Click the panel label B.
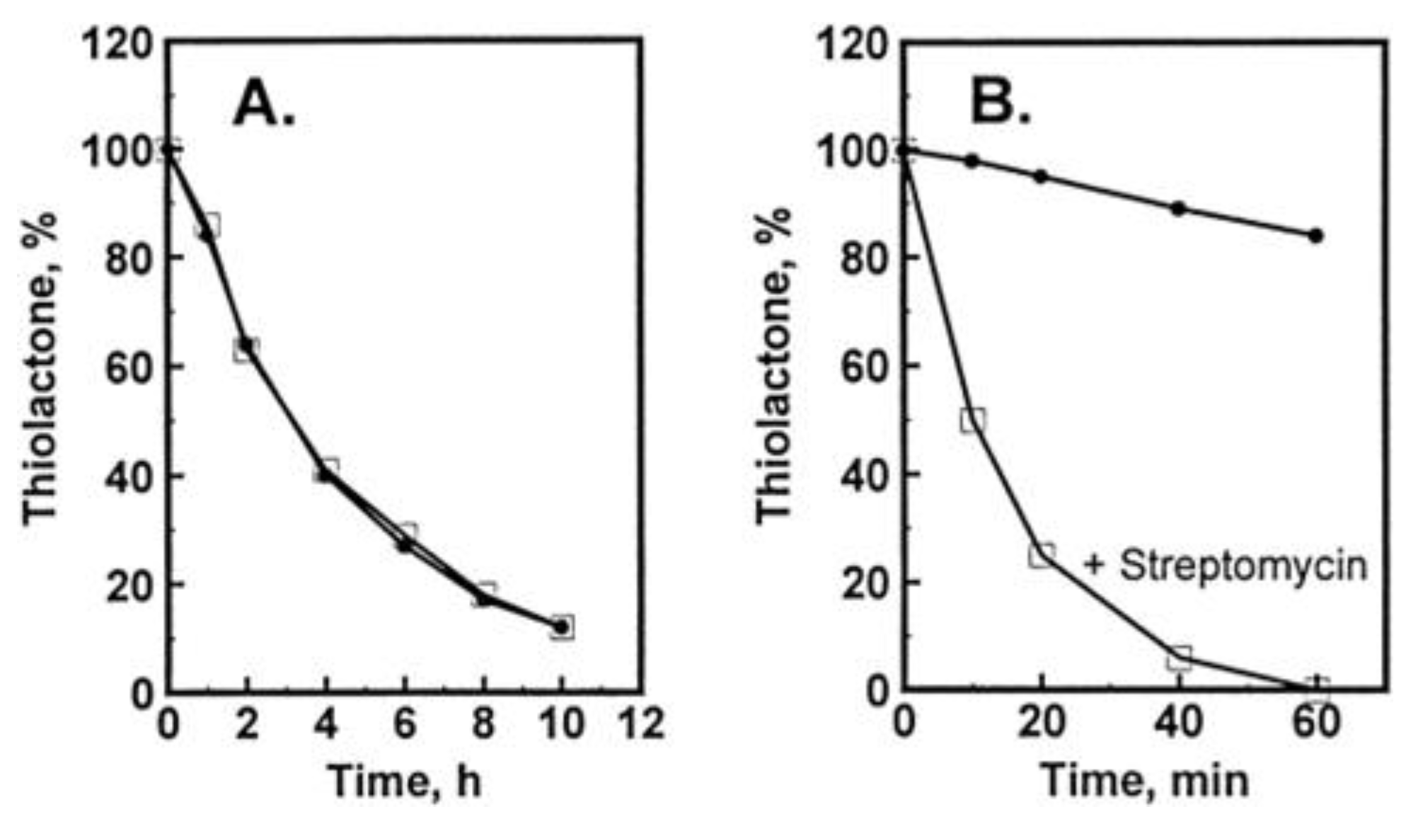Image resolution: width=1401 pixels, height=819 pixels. pyautogui.click(x=1000, y=103)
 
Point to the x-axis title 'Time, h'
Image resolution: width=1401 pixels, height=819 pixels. pyautogui.click(x=405, y=782)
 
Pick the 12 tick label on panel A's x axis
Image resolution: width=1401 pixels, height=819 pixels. pyautogui.click(x=641, y=723)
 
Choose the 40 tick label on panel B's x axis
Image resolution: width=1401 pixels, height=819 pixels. pyautogui.click(x=1179, y=723)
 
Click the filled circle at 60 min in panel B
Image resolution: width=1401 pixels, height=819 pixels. pyautogui.click(x=1316, y=236)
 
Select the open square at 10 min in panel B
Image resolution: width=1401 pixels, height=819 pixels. pyautogui.click(x=973, y=420)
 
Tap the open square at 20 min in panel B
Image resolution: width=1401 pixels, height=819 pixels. pyautogui.click(x=1042, y=555)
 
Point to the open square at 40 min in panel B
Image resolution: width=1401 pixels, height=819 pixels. pyautogui.click(x=1180, y=658)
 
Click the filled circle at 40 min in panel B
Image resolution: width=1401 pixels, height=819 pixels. pyautogui.click(x=1179, y=209)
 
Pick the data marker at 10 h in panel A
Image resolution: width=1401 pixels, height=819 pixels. pyautogui.click(x=562, y=627)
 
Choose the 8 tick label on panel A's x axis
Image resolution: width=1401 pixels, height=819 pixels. pyautogui.click(x=483, y=723)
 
